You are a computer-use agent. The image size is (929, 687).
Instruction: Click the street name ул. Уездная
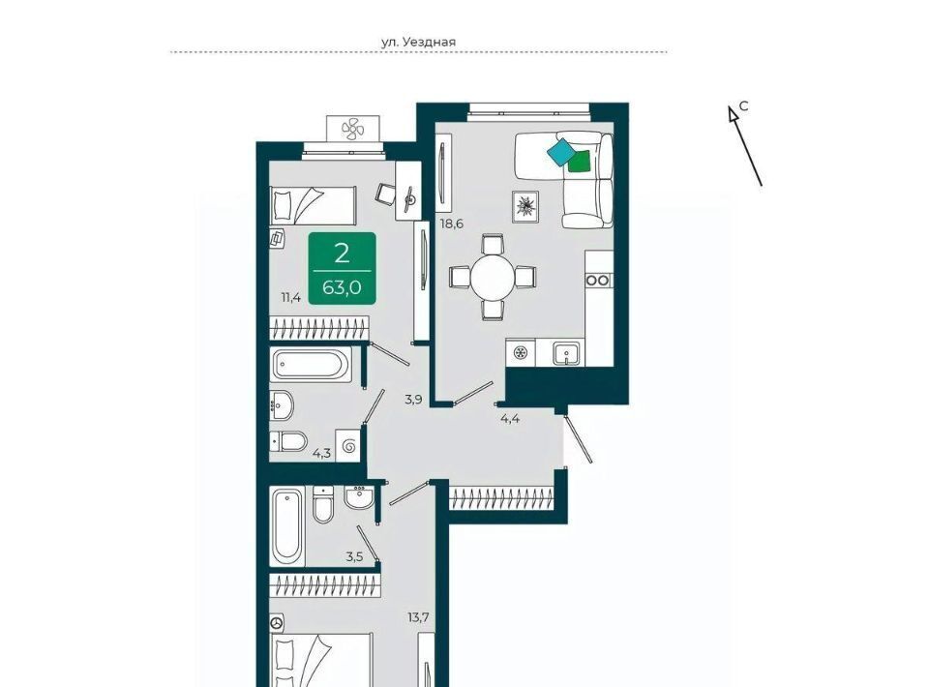click(x=418, y=42)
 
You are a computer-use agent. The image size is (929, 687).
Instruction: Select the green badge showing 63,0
click(x=342, y=268)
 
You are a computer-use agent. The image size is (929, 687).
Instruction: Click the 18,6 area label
click(x=451, y=224)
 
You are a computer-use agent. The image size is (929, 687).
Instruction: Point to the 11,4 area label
click(x=290, y=297)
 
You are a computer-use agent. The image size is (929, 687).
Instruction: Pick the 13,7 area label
click(x=418, y=617)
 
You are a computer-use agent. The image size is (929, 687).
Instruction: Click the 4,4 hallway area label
click(x=510, y=419)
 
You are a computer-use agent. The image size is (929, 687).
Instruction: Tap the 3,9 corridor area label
click(x=413, y=400)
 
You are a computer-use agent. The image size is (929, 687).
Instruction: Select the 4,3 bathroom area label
click(x=321, y=454)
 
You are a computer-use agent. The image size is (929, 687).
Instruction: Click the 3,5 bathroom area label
click(x=354, y=556)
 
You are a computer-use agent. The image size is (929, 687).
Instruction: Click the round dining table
click(x=493, y=277)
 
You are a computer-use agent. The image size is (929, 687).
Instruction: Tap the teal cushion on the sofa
click(x=560, y=152)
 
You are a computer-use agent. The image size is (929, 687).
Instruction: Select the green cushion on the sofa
click(x=580, y=161)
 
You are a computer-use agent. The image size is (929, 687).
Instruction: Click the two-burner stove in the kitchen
click(x=598, y=280)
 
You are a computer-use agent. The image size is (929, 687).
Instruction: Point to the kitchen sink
click(x=567, y=353)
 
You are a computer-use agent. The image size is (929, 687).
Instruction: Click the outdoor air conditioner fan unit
click(x=353, y=129)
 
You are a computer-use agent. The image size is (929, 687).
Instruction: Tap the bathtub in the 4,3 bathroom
click(x=311, y=364)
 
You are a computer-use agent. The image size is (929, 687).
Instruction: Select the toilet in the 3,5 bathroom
click(x=323, y=504)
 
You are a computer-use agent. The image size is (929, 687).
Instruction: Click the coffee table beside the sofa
click(x=524, y=207)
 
